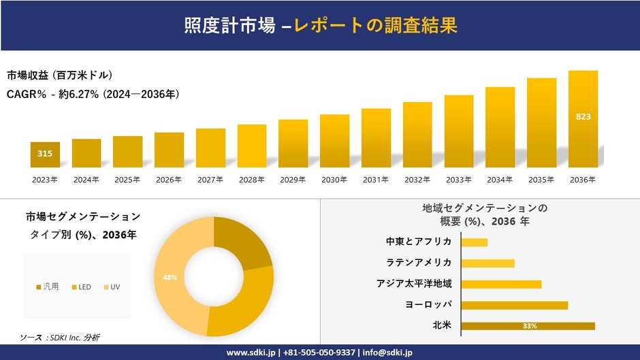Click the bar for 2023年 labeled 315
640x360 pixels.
[45, 154]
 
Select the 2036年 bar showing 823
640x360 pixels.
[583, 119]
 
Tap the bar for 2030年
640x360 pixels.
[334, 141]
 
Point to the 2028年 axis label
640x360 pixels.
[251, 180]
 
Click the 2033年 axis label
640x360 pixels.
[458, 180]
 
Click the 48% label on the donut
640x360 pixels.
[170, 277]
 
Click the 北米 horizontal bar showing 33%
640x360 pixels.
[528, 326]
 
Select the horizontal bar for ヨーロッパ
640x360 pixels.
[514, 305]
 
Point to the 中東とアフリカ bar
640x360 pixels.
[474, 242]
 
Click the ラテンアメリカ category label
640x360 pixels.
[418, 263]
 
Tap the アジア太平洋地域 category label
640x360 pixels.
[414, 284]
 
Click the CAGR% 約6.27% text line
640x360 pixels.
[93, 94]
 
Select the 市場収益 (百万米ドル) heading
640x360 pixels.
[60, 75]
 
